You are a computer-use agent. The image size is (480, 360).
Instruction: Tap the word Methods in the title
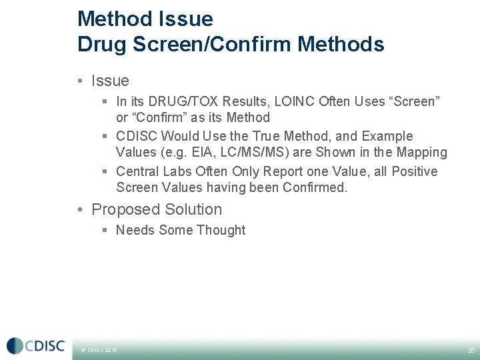(x=341, y=45)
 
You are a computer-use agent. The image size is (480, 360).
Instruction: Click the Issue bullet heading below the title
(x=110, y=81)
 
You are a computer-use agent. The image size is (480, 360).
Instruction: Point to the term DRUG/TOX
(x=177, y=101)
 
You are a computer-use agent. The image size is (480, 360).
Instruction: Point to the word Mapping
(x=420, y=153)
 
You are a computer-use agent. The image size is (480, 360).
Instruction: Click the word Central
(x=139, y=171)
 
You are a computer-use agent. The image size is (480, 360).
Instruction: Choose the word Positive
(x=414, y=171)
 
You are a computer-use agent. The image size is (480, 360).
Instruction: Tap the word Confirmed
(x=313, y=188)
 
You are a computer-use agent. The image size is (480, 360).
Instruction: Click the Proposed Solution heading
(x=157, y=209)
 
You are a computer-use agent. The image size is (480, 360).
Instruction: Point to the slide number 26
(x=471, y=349)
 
